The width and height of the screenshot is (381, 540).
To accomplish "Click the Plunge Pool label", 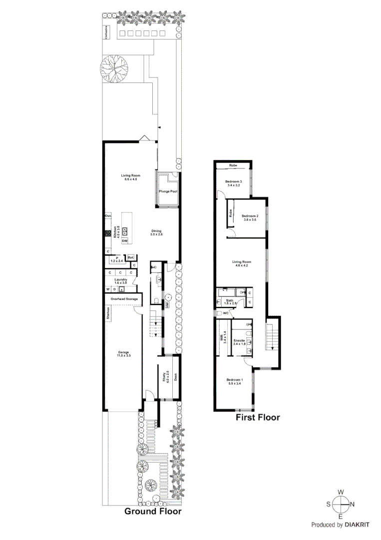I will click(x=168, y=191).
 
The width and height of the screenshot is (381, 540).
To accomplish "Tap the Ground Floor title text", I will click(x=153, y=511).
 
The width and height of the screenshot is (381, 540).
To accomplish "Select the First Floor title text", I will click(x=258, y=417).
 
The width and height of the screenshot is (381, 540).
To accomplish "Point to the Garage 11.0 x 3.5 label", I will click(x=123, y=353).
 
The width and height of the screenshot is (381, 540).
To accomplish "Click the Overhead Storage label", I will click(x=124, y=298).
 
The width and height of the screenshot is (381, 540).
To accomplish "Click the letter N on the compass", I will click(x=352, y=504).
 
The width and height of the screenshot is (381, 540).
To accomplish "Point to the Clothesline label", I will click(x=106, y=32).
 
